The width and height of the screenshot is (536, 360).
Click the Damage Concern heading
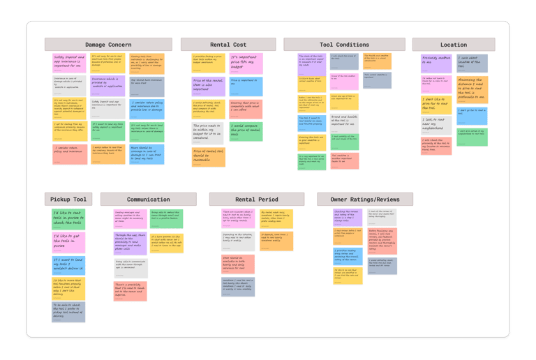click(x=108, y=45)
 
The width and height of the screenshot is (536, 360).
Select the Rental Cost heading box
click(x=228, y=45)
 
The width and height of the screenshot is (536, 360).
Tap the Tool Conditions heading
click(x=344, y=45)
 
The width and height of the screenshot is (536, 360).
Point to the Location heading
click(x=454, y=45)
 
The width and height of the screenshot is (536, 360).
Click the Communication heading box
click(x=148, y=200)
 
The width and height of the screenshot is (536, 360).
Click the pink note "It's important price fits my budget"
click(x=246, y=63)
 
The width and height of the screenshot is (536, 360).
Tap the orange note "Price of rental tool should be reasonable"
click(x=209, y=156)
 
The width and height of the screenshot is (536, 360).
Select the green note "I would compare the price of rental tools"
click(x=246, y=131)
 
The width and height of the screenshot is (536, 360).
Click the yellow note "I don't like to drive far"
click(x=435, y=103)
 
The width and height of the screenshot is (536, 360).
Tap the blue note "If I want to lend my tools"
click(x=68, y=264)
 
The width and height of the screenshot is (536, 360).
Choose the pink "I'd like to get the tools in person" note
click(x=68, y=241)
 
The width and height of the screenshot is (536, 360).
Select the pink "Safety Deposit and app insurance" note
click(x=70, y=63)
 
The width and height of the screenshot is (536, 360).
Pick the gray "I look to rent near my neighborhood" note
click(x=435, y=124)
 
